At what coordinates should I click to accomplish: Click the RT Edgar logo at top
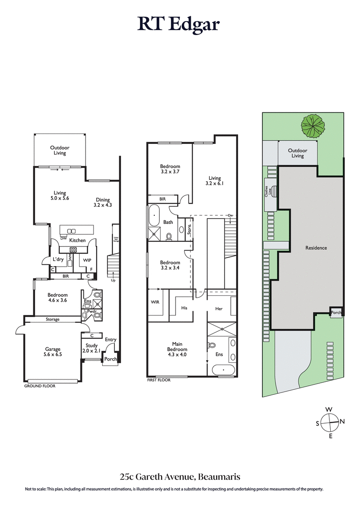pyautogui.click(x=179, y=24)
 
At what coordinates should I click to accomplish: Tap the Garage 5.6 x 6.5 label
pyautogui.click(x=52, y=352)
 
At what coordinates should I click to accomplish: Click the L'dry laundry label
pyautogui.click(x=58, y=259)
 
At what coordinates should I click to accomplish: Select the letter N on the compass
pyautogui.click(x=342, y=421)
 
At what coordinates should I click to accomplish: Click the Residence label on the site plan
pyautogui.click(x=316, y=248)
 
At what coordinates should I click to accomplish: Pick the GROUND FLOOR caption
pyautogui.click(x=40, y=386)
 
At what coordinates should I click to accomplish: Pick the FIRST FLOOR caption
pyautogui.click(x=159, y=380)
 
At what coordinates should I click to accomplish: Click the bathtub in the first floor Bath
pyautogui.click(x=154, y=216)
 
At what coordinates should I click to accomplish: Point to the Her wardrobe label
pyautogui.click(x=219, y=309)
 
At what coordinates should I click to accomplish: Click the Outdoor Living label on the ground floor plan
pyautogui.click(x=59, y=150)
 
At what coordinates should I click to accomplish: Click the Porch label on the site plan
pyautogui.click(x=336, y=313)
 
